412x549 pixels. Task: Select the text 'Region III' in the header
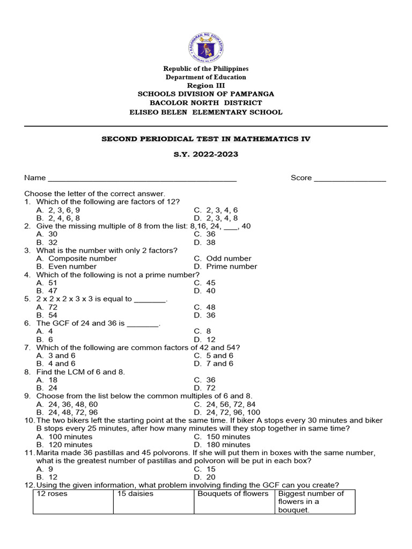pyautogui.click(x=206, y=86)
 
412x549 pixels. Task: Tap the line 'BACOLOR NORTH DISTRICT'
pyautogui.click(x=206, y=102)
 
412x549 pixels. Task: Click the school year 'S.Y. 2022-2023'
pyautogui.click(x=206, y=154)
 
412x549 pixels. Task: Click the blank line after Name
pyautogui.click(x=142, y=179)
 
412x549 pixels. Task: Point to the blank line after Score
pyautogui.click(x=350, y=179)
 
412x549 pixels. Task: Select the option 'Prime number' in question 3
pyautogui.click(x=231, y=266)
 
